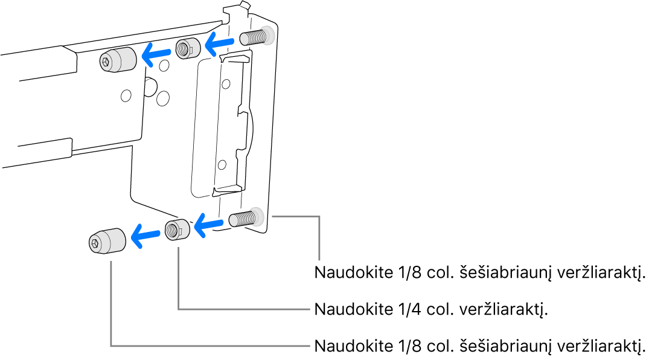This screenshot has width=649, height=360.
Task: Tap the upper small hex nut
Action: [x=187, y=48]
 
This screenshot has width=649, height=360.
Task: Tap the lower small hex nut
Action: [x=177, y=230]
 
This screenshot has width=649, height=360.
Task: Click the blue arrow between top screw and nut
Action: [x=220, y=42]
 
